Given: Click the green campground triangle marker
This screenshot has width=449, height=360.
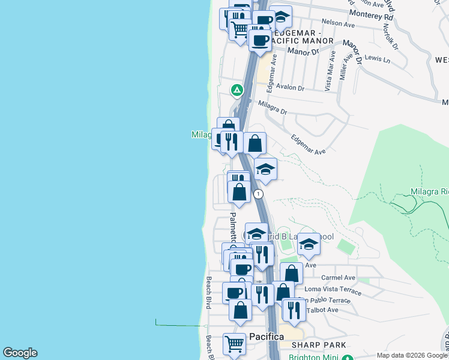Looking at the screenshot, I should [x=237, y=91].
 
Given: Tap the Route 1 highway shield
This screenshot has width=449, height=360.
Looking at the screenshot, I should [x=258, y=194].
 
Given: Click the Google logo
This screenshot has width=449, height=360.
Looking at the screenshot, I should [x=20, y=353].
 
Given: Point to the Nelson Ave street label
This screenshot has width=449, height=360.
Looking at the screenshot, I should [x=339, y=24].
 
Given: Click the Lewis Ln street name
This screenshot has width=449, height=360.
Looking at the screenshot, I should [x=377, y=59].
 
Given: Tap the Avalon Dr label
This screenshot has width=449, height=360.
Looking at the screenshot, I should [x=290, y=88].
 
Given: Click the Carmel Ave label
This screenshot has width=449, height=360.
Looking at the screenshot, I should [x=338, y=278].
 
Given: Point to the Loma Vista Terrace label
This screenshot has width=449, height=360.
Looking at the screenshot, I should [x=333, y=290].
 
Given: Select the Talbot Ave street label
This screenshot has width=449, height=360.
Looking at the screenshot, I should [x=322, y=310].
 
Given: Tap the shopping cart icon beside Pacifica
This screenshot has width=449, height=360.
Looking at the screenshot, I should [x=234, y=344].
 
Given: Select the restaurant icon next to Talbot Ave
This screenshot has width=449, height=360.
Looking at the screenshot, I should [x=294, y=309].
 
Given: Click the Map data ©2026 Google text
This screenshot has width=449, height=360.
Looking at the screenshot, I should [x=412, y=355].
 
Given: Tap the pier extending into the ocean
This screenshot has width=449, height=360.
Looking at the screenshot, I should [x=177, y=325].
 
